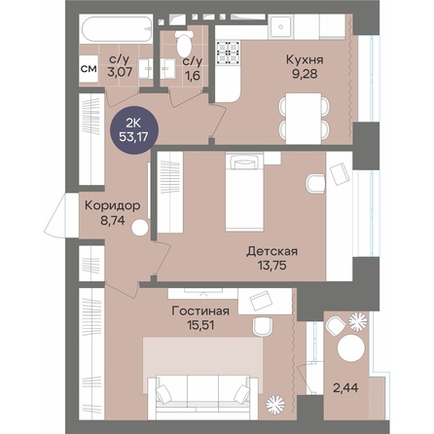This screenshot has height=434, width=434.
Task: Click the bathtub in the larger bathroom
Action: tap(117, 29)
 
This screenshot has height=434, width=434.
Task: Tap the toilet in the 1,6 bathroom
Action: tap(184, 43)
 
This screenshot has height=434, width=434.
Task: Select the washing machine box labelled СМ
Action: tap(89, 69)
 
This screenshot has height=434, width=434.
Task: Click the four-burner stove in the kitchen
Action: tap(228, 52)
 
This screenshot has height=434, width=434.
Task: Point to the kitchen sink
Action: tap(281, 27)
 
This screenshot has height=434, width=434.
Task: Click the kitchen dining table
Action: tap(304, 119)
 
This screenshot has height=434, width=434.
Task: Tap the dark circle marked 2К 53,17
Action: tap(133, 129)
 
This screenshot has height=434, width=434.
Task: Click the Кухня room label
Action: tap(305, 59)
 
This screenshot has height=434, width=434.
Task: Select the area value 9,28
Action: tap(305, 74)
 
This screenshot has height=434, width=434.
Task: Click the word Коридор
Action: tap(113, 205)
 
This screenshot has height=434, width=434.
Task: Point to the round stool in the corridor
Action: tap(140, 228)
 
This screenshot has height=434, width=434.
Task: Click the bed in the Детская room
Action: tap(244, 192)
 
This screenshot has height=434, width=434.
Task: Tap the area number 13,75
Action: tap(272, 266)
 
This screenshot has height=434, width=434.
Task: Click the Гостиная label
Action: tap(200, 310)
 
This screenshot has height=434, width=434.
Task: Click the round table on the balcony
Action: tap(351, 347)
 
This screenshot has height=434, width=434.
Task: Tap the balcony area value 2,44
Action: tap(345, 387)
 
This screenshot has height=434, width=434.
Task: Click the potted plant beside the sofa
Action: tap(275, 404)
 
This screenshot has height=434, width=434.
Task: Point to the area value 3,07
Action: tap(120, 72)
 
